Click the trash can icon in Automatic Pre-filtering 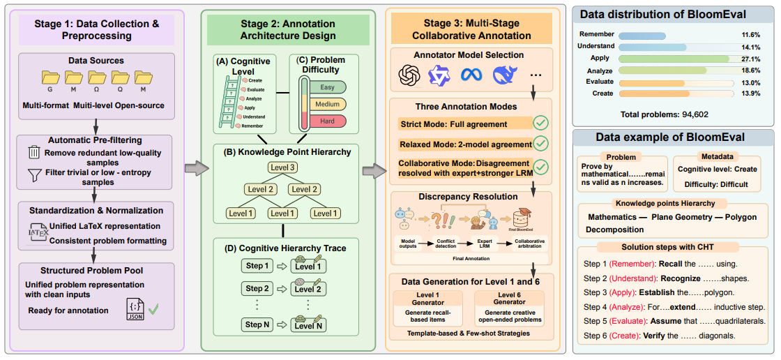(x=33, y=152)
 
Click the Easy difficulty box (x=327, y=87)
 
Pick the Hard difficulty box (x=327, y=121)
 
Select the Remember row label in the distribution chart (x=596, y=33)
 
